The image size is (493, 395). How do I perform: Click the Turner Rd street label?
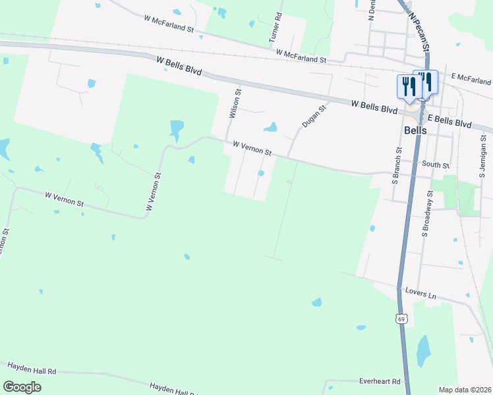pyautogui.click(x=275, y=28)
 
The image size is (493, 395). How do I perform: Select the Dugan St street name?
pyautogui.click(x=314, y=116)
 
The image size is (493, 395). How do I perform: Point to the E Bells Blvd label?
pyautogui.click(x=450, y=120)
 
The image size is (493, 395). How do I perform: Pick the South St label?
pyautogui.click(x=436, y=165)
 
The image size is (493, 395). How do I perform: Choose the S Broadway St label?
pyautogui.click(x=428, y=213)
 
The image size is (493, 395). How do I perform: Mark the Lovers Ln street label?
pyautogui.click(x=421, y=294)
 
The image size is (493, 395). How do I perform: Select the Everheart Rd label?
pyautogui.click(x=380, y=381)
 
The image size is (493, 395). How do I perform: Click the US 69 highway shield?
pyautogui.click(x=401, y=319)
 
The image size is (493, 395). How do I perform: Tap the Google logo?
pyautogui.click(x=22, y=387)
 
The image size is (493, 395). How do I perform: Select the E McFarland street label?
pyautogui.click(x=472, y=77)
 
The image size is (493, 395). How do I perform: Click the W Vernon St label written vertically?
pyautogui.click(x=153, y=192)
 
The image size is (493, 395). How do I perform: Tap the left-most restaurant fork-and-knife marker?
pyautogui.click(x=406, y=87)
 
